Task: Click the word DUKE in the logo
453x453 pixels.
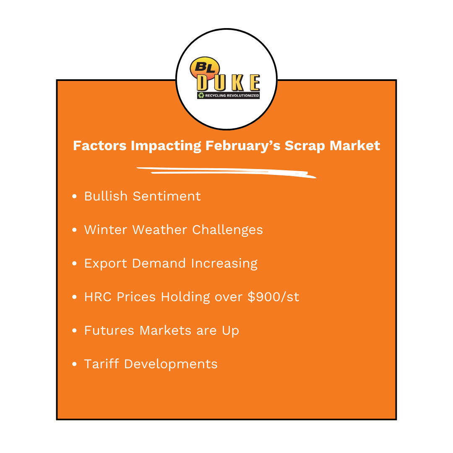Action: (x=229, y=83)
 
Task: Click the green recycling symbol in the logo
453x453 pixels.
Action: (x=201, y=96)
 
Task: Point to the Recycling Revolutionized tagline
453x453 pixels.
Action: (x=232, y=96)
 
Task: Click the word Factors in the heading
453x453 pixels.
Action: (x=99, y=146)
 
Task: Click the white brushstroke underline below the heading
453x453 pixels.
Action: (x=226, y=172)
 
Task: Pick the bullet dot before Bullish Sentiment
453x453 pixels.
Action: (x=75, y=196)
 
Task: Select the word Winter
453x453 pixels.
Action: (x=106, y=229)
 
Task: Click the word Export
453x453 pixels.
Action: (x=105, y=263)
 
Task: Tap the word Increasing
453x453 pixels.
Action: (x=224, y=263)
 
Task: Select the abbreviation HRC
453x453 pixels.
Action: (x=98, y=297)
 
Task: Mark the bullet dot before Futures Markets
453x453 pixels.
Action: (x=75, y=331)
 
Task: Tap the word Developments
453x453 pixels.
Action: (x=171, y=364)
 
